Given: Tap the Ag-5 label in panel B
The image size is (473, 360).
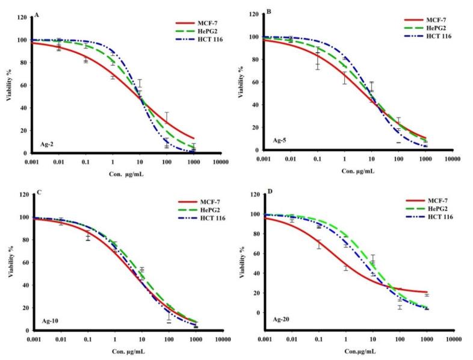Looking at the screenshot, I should coord(279,141).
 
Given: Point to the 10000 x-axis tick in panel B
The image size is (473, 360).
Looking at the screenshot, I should coord(452,158).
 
